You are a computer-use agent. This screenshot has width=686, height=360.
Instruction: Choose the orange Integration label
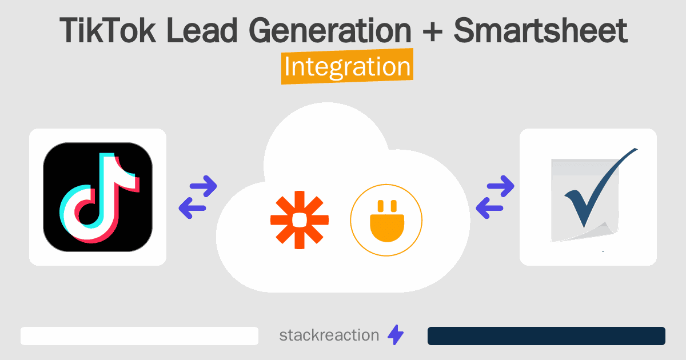[347, 67]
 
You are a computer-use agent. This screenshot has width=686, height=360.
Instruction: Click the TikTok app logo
[98, 197]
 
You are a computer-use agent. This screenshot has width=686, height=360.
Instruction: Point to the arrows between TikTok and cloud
[198, 197]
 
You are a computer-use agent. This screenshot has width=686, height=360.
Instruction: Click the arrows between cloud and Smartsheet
[494, 197]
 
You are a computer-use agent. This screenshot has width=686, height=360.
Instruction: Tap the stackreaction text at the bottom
[329, 335]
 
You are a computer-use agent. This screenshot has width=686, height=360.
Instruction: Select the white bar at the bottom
[139, 336]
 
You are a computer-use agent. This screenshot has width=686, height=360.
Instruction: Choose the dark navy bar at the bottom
[546, 336]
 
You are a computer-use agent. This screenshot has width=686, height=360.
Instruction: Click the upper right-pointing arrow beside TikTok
[202, 186]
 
